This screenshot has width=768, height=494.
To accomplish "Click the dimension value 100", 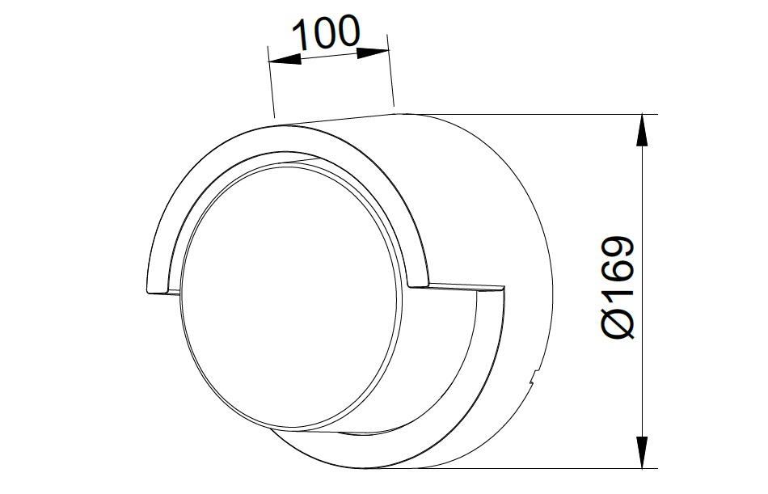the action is click(327, 33).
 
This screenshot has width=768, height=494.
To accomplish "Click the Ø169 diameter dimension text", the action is click(619, 287).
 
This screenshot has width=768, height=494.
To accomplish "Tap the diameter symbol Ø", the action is click(619, 324).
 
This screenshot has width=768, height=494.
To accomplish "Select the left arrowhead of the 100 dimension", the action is click(285, 60).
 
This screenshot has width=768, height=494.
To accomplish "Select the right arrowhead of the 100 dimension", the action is click(373, 52).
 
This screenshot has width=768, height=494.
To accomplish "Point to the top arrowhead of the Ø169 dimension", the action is click(642, 130).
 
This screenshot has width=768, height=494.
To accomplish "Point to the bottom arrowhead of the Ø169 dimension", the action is click(642, 453).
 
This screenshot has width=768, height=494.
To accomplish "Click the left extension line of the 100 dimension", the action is click(272, 82).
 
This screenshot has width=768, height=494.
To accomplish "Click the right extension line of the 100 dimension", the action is click(390, 70).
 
